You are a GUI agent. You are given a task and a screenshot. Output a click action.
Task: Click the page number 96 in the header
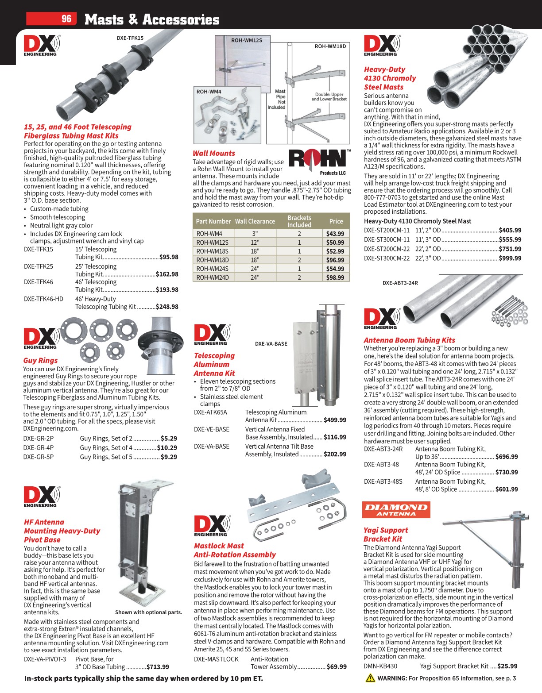[x=66, y=19]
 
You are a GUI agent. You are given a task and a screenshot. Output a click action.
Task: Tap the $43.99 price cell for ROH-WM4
[x=335, y=234]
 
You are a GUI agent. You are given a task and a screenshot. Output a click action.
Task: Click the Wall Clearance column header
[x=255, y=221]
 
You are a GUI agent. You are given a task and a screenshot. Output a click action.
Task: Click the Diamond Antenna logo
[x=396, y=510]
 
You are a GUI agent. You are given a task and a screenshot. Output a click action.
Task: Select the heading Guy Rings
[x=40, y=360]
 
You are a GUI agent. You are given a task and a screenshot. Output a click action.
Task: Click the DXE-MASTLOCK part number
[x=216, y=659]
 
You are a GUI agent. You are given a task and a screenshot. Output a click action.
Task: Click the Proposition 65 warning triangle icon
[x=370, y=678]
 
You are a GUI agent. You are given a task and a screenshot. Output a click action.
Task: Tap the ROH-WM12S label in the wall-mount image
[x=246, y=40]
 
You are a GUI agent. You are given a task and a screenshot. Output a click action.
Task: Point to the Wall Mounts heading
[x=214, y=153]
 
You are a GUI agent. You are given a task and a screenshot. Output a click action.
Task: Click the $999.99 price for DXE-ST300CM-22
[x=510, y=258]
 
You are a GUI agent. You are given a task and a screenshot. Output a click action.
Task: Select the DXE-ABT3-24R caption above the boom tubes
[x=400, y=283]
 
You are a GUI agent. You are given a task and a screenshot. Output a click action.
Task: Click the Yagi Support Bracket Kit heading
[x=386, y=534]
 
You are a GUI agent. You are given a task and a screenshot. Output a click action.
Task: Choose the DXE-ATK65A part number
[x=210, y=412]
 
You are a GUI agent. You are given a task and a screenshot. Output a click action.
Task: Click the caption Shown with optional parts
[x=148, y=612]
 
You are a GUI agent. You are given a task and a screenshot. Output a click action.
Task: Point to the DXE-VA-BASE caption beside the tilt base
[x=271, y=343]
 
